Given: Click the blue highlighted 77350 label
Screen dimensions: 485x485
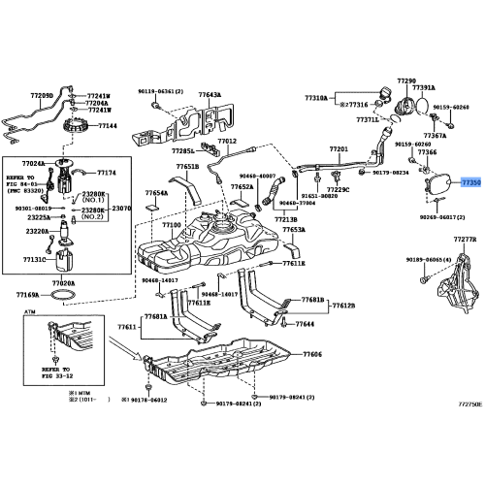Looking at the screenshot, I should pyautogui.click(x=470, y=181).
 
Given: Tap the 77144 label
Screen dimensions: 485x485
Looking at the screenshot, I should pyautogui.click(x=108, y=126).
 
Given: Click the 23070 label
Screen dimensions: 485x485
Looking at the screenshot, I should pyautogui.click(x=121, y=208).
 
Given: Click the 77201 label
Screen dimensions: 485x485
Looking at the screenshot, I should pyautogui.click(x=338, y=149).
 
